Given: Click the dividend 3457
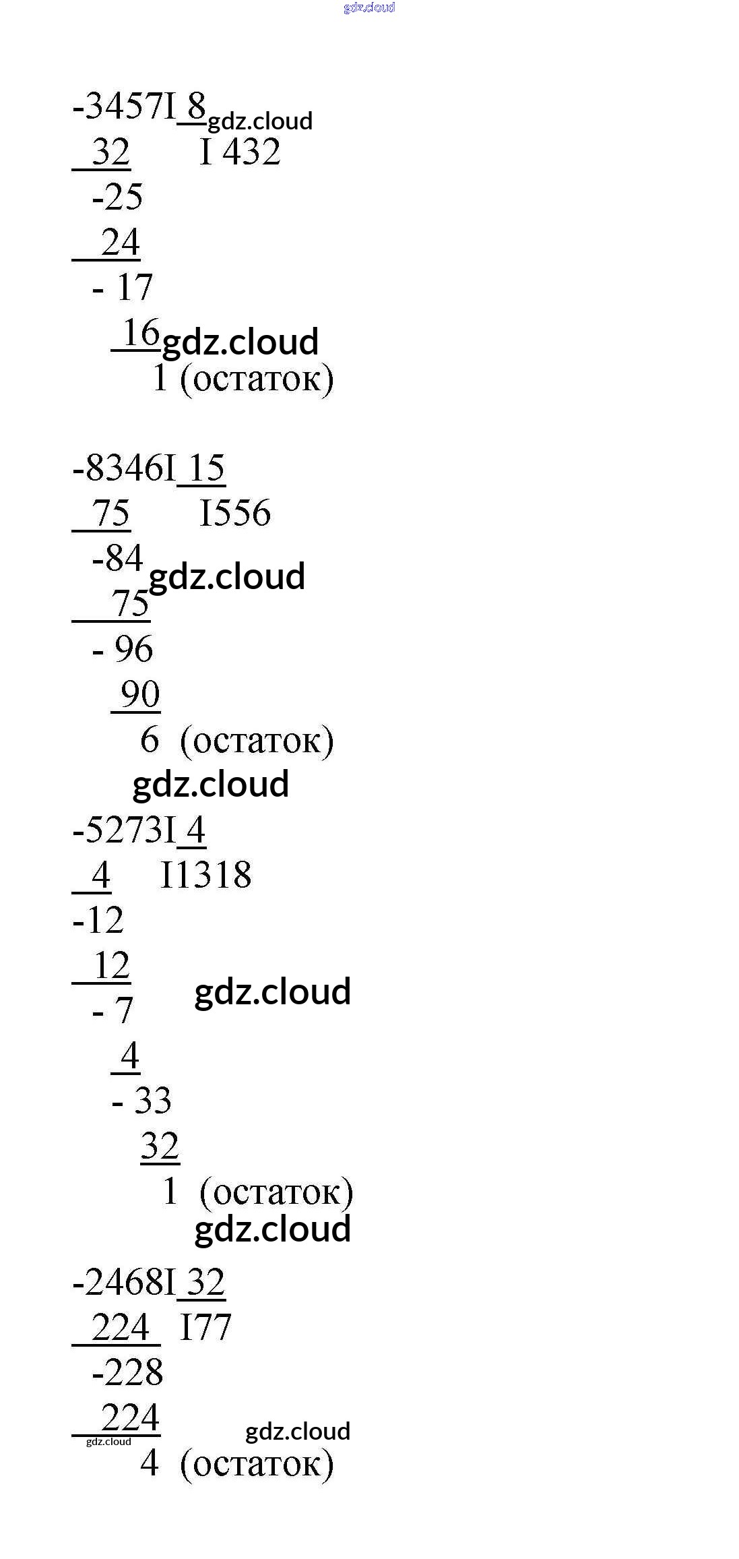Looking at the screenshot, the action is (125, 106).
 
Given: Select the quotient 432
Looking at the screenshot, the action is (251, 152).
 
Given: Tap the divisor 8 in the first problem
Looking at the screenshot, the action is (196, 106).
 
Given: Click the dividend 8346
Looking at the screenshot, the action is (125, 468).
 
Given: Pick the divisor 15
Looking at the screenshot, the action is (205, 468).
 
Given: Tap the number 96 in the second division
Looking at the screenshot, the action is (133, 649).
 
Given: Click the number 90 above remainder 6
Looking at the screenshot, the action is (140, 694).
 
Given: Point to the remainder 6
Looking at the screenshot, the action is (149, 739).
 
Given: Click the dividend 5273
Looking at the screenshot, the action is (125, 830).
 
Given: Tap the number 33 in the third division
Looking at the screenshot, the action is (153, 1101).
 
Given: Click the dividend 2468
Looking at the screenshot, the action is (125, 1282).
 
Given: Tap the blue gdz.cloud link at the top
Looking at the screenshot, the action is (369, 7).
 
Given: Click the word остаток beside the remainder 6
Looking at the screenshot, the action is (257, 741).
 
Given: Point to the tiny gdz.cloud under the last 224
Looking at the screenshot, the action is (108, 1441).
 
